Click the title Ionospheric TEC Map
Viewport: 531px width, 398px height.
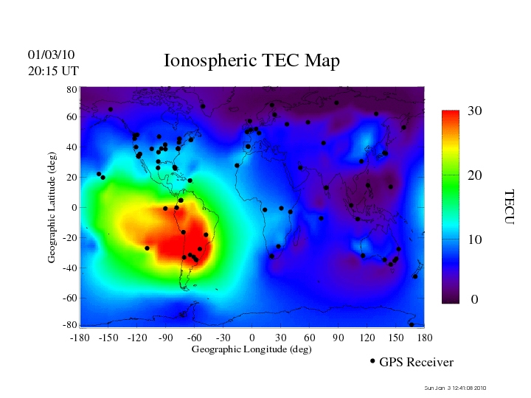pos(251,61)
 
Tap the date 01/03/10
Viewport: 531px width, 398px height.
pos(51,55)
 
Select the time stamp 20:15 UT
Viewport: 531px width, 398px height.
pos(53,71)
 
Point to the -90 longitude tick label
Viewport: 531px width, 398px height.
pos(165,338)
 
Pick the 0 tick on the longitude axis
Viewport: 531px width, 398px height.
pos(252,338)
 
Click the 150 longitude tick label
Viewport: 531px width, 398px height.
pos(396,338)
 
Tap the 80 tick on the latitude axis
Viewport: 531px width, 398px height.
pos(72,88)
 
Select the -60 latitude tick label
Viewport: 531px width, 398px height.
pos(69,298)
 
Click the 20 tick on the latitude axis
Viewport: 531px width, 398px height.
pos(72,178)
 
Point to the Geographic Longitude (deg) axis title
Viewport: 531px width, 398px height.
pos(251,349)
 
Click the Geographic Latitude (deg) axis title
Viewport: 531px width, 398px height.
pos(52,212)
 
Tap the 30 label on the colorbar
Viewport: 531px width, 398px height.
pos(475,111)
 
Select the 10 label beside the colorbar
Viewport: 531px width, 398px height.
pos(475,240)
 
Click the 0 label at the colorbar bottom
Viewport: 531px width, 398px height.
pos(475,300)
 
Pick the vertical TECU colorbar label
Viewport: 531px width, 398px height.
pos(509,206)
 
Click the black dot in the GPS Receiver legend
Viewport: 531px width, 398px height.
pos(372,361)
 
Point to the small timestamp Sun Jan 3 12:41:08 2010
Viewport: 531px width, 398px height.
pos(456,388)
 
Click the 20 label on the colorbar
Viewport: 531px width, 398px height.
pos(475,177)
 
